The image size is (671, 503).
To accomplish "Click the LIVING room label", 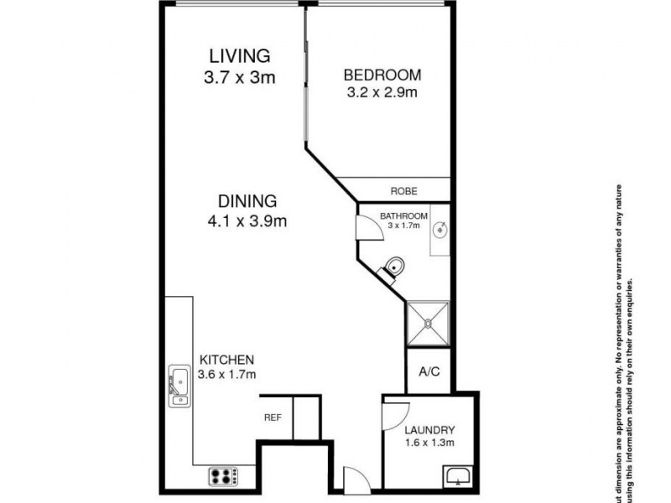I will [240, 56].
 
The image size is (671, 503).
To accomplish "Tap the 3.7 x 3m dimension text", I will [240, 78].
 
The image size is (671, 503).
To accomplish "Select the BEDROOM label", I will [382, 75].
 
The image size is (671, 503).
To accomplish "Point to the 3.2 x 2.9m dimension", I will [382, 93].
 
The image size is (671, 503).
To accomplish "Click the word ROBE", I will [403, 191].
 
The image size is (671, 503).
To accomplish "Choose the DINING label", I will [247, 201].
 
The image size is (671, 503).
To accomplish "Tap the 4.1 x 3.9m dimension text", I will [247, 222].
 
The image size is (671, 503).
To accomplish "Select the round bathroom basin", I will [440, 229].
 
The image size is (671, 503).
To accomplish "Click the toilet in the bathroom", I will [393, 267].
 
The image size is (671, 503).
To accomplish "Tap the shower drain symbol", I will [429, 324].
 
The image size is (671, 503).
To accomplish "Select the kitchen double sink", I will [179, 386].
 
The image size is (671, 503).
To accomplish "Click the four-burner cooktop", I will [224, 476].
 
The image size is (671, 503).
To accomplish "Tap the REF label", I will [273, 417].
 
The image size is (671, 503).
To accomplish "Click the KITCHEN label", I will [226, 359].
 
